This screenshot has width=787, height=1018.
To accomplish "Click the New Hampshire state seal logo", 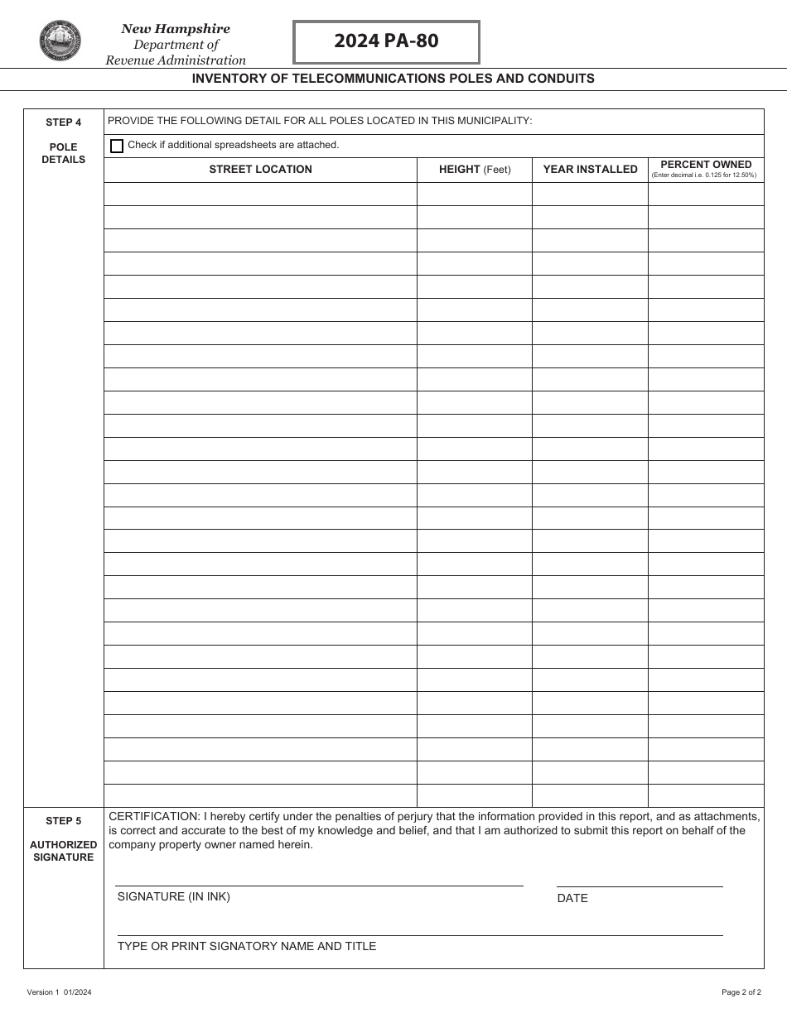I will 60,41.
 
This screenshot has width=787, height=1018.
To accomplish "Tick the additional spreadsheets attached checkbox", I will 117,146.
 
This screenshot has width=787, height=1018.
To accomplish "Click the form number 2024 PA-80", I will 386,41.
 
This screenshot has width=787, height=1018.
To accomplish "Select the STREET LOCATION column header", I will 260,170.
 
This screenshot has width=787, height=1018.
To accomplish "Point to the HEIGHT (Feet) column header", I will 475,170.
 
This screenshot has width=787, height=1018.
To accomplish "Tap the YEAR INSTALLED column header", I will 590,170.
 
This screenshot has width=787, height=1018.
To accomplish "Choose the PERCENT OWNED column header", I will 706,165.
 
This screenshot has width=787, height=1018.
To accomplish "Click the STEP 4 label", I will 64,122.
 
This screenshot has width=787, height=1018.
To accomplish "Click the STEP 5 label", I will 64,821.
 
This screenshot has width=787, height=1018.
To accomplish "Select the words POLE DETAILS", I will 64,153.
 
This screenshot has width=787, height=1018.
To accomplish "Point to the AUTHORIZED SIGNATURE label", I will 64,851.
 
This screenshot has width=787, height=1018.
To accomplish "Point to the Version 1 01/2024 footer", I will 60,992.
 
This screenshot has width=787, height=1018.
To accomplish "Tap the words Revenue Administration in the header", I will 176,60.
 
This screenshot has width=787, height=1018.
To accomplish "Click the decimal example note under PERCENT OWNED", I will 704,175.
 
